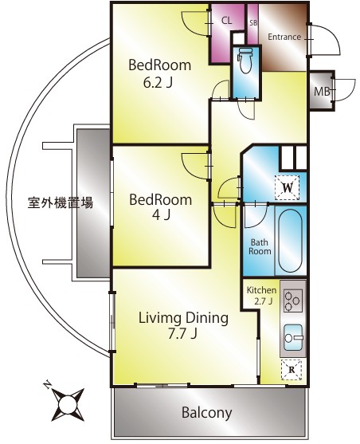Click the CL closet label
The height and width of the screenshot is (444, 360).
[227, 21]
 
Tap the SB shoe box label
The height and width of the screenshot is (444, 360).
[253, 22]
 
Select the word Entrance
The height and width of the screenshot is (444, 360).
[284, 37]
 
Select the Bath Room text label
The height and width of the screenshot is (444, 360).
[260, 246]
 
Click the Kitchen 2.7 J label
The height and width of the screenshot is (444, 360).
[260, 296]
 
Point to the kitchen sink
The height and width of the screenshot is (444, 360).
[292, 339]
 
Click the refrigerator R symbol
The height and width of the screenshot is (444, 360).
[292, 369]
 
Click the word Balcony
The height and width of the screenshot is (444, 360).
[205, 413]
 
